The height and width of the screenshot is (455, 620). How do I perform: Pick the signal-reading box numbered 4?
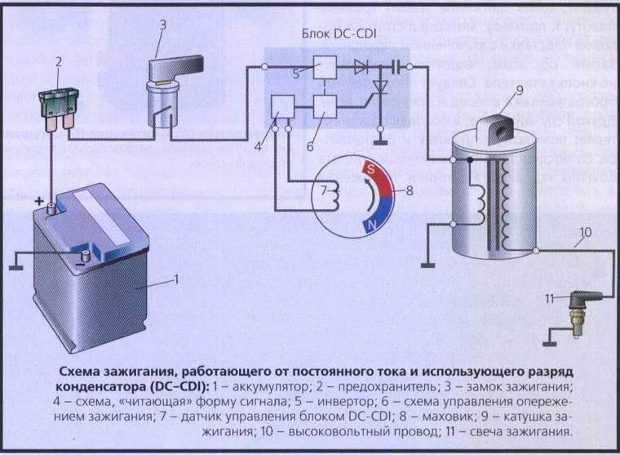pos(283,106)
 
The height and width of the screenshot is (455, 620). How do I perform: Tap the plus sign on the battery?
pos(36,200)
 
